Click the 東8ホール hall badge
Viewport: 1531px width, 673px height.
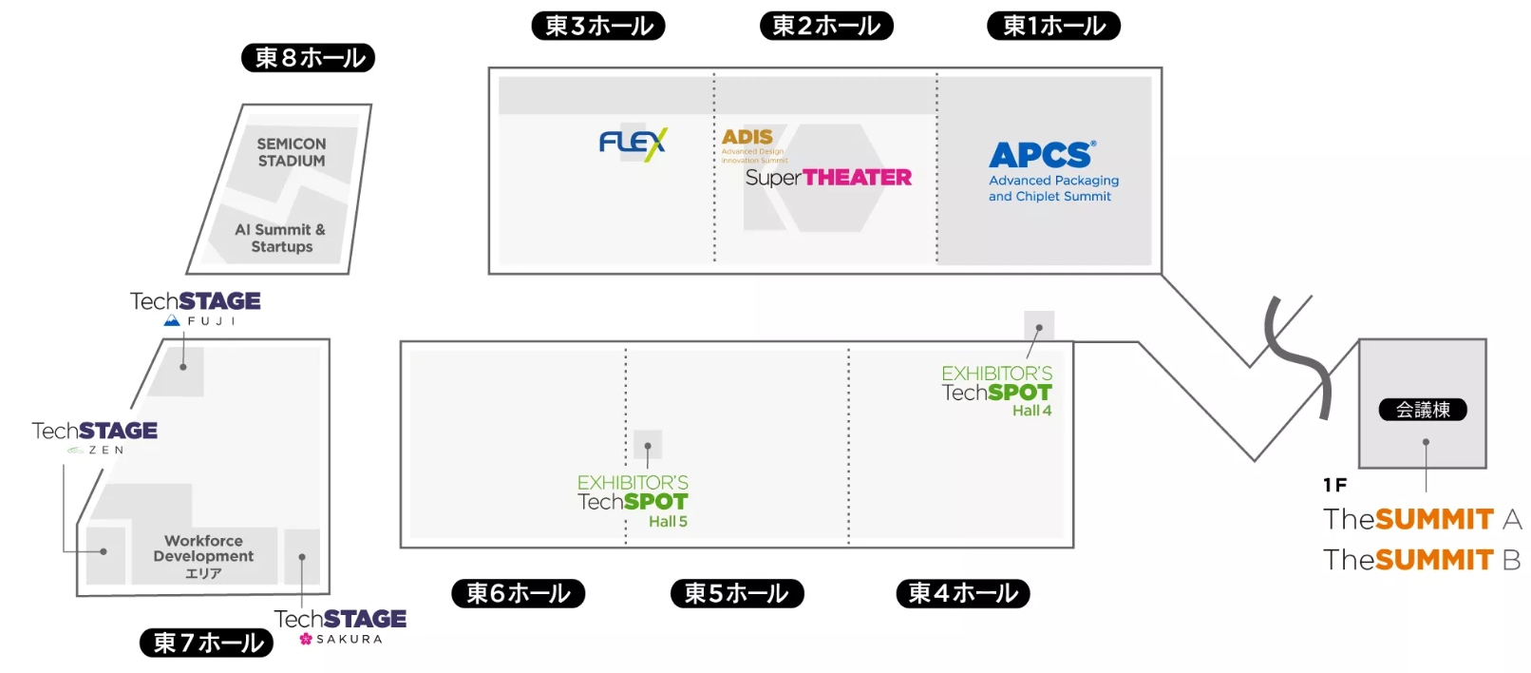(309, 58)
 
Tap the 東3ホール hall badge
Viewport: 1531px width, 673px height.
(598, 26)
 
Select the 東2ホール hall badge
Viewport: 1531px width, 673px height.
(826, 26)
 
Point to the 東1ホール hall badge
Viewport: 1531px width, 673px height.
(1054, 26)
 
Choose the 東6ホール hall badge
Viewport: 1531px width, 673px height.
(519, 593)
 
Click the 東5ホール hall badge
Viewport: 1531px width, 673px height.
(737, 593)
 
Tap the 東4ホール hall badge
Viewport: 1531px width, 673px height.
(963, 593)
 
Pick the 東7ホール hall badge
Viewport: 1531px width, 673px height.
(207, 643)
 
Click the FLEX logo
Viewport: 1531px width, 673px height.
(633, 144)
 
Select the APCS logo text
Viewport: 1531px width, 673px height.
(1042, 155)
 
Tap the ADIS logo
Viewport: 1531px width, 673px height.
(748, 138)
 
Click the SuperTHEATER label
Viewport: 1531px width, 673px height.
(828, 178)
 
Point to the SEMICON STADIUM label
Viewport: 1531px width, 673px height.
(292, 152)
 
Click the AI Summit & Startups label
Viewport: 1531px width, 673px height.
(281, 238)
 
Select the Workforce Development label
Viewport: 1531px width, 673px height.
(203, 549)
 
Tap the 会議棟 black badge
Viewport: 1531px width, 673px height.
(1423, 410)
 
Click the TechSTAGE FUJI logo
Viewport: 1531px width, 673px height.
(196, 306)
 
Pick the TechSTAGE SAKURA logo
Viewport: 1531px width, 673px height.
(340, 625)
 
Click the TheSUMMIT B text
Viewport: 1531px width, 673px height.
(1422, 560)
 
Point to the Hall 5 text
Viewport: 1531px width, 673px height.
(668, 522)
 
